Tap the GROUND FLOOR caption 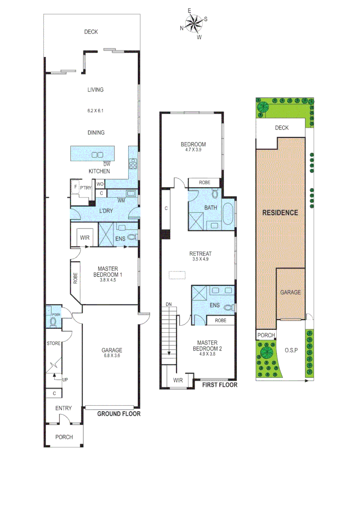[119, 414]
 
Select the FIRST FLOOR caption [220, 385]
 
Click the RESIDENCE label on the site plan [280, 213]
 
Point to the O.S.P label [291, 350]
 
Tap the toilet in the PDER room [53, 322]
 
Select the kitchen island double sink [98, 155]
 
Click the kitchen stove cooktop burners [133, 164]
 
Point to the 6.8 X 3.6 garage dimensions [112, 357]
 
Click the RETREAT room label [201, 254]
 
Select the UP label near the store [65, 379]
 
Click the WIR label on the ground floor [85, 238]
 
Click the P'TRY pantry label [85, 188]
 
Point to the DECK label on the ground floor [91, 32]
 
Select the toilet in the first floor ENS [229, 307]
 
